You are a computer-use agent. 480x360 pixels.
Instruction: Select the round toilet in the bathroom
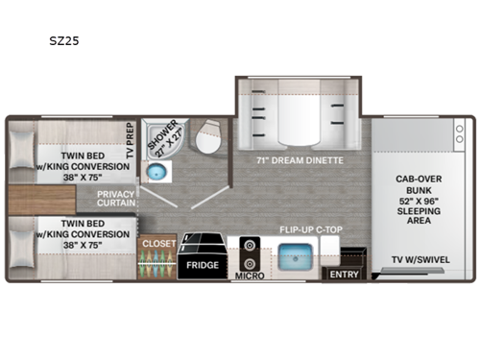(x=204, y=145)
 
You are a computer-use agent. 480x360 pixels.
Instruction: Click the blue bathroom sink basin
(x=154, y=174)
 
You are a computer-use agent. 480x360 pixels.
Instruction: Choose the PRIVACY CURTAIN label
(x=114, y=200)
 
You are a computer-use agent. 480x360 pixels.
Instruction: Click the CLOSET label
(x=157, y=244)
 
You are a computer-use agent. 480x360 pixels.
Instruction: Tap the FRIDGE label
(x=201, y=265)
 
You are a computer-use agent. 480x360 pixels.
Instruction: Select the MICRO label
(x=250, y=276)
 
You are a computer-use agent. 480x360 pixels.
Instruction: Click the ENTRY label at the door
(x=342, y=275)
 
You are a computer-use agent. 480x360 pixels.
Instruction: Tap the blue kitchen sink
(x=298, y=257)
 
